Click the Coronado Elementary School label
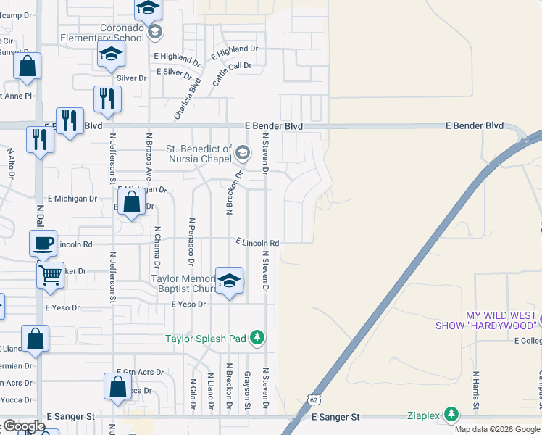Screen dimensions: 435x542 point(102,33)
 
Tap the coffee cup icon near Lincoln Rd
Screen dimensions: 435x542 point(43,242)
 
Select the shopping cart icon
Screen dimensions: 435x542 point(50,275)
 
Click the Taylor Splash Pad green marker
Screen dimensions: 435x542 point(257,337)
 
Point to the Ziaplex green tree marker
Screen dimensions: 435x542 point(452,414)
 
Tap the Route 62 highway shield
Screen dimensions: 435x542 point(312,399)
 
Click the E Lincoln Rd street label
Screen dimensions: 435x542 point(257,243)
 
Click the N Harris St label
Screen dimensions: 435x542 point(476,392)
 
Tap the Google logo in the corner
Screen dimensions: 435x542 point(23,426)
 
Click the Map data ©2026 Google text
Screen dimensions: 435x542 point(497,429)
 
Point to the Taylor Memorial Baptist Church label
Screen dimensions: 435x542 point(185,283)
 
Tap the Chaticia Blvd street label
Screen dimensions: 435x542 point(186,100)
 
